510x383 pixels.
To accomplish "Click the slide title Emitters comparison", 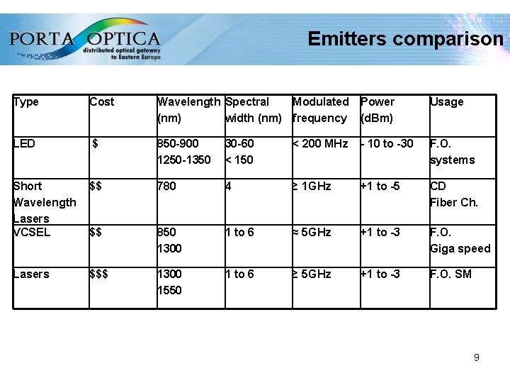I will pyautogui.click(x=405, y=39).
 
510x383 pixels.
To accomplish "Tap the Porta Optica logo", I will pyautogui.click(x=85, y=40).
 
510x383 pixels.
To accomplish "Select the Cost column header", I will pyautogui.click(x=102, y=102).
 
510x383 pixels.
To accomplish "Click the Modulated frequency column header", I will pyautogui.click(x=320, y=110).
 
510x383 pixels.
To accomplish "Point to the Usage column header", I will pyautogui.click(x=446, y=102).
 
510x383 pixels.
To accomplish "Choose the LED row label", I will pyautogui.click(x=24, y=144).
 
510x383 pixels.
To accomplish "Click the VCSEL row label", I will pyautogui.click(x=32, y=232).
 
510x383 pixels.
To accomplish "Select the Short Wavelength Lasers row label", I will pyautogui.click(x=44, y=202).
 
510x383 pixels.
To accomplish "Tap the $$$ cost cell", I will pyautogui.click(x=99, y=274).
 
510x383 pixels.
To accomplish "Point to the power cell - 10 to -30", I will pyautogui.click(x=387, y=144).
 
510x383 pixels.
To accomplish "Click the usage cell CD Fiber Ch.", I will pyautogui.click(x=453, y=194).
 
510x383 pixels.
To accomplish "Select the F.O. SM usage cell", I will pyautogui.click(x=450, y=274).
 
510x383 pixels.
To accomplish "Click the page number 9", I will pyautogui.click(x=476, y=357).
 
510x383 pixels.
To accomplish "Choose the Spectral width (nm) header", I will pyautogui.click(x=253, y=110).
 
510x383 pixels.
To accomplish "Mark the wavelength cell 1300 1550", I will pyautogui.click(x=169, y=282).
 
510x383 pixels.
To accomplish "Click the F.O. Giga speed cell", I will pyautogui.click(x=460, y=240).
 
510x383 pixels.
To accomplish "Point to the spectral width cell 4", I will pyautogui.click(x=228, y=187).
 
